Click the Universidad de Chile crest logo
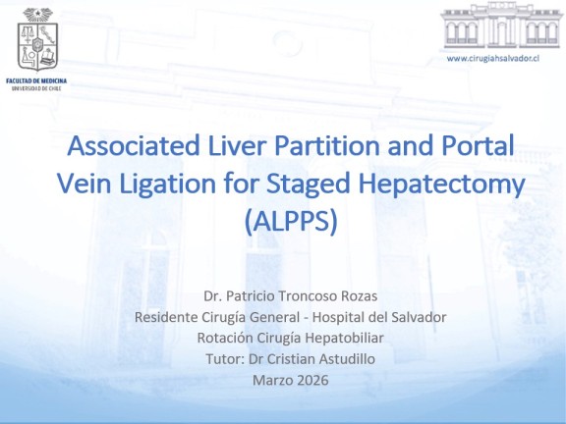pos(37,39)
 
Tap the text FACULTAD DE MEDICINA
pos(36,80)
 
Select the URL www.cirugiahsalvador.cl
pos(493,58)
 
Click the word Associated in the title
pos(134,145)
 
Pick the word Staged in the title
pos(308,184)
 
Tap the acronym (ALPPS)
pos(291,221)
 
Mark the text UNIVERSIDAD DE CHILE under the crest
pos(36,88)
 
